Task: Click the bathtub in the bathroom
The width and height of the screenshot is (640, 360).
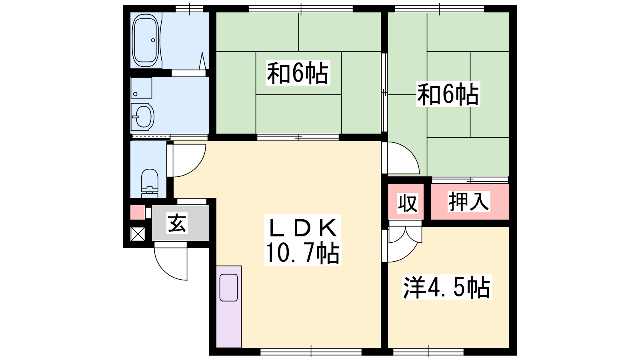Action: coord(146,40)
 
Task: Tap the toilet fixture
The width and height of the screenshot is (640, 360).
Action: coord(150,183)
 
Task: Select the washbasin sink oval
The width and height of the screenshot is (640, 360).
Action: coord(142,116)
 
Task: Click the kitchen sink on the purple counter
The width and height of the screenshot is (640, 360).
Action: coord(228,288)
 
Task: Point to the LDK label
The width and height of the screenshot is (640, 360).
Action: coord(302,228)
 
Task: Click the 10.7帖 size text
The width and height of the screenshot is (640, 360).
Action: coord(302,253)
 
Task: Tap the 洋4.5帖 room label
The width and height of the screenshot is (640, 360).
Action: coord(446,287)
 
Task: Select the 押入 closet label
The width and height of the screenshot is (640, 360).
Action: coord(468,202)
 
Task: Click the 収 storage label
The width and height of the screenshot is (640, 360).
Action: coord(408,203)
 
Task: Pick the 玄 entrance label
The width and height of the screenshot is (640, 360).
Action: coord(177,223)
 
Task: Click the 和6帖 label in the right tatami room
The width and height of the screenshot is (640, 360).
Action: coord(448,94)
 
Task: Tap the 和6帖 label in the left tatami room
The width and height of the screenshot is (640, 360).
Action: coord(298,72)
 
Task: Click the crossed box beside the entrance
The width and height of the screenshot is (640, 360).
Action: coord(138,234)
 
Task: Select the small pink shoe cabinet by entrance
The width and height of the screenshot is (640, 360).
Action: coord(138,212)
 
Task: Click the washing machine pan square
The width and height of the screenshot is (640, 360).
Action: coord(142,88)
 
